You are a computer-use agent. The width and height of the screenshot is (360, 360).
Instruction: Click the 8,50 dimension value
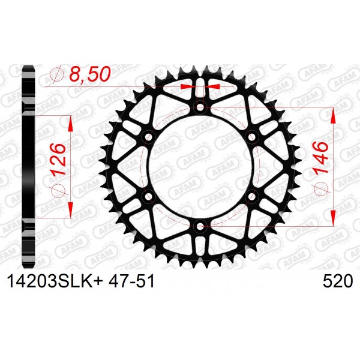[x=90, y=74]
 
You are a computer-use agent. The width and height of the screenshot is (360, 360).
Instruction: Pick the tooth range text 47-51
[x=131, y=281]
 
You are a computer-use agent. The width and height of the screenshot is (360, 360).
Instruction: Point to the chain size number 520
[x=337, y=281]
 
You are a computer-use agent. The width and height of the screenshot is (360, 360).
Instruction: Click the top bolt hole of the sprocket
[x=200, y=107]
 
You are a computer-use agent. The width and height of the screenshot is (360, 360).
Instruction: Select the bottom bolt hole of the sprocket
[x=200, y=226]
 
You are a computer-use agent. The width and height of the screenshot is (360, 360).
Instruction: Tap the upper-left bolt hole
[x=149, y=137]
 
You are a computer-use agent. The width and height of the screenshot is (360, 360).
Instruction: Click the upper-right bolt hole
[x=252, y=137]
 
